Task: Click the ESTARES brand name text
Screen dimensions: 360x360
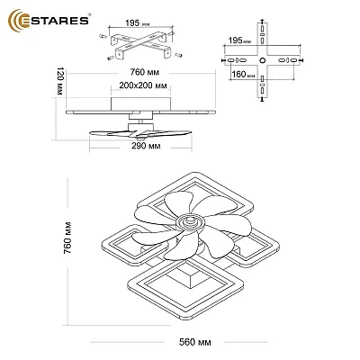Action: pos(55,21)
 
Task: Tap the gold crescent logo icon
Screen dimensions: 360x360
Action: pos(15,20)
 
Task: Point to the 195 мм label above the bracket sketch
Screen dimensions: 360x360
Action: pos(138,23)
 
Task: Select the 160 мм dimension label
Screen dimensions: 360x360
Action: pos(243,74)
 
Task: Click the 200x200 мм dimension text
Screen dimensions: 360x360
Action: pos(143,85)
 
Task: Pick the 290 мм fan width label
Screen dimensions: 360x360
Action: pos(146,146)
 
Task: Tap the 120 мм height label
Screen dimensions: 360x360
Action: pos(60,81)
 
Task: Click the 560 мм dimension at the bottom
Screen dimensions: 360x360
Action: pos(195,342)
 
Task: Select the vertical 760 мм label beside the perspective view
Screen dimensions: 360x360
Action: pos(67,238)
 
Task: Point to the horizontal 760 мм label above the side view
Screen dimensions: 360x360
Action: pos(145,72)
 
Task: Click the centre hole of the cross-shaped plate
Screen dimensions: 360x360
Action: pos(262,60)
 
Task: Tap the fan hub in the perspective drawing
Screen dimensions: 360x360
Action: pos(191,222)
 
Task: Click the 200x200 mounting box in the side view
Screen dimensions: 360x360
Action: pos(140,103)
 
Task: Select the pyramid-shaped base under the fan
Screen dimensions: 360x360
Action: pos(193,274)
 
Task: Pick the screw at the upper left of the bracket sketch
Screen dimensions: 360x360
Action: pos(103,36)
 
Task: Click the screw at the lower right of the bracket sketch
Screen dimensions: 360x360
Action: pos(178,55)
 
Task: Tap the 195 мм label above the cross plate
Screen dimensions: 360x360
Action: pos(239,40)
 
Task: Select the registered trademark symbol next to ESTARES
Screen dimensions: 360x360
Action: pos(89,14)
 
